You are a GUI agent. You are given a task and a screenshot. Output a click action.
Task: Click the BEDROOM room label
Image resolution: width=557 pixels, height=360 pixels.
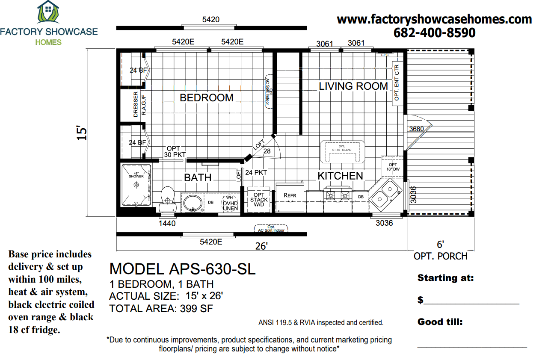[206, 98]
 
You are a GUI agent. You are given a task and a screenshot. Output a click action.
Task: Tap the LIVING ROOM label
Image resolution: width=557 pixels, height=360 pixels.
[353, 86]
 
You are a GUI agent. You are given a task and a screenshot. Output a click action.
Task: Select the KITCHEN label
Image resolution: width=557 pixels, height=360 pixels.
[340, 176]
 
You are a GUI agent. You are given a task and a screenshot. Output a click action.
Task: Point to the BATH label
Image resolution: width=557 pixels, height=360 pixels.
[198, 177]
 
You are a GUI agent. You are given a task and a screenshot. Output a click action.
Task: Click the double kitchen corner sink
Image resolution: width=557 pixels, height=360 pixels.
[385, 193]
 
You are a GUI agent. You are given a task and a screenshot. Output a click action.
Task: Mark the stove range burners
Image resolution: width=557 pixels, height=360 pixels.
[338, 196]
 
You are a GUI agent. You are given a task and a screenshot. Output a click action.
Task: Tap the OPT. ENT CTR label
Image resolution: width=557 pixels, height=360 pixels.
[396, 82]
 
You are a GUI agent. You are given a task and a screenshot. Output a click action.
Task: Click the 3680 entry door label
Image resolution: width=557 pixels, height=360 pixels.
[416, 129]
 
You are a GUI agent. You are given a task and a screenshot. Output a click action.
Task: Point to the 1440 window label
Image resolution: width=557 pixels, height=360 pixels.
[167, 223]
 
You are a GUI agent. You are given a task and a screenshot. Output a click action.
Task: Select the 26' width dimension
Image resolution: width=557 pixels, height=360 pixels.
[261, 246]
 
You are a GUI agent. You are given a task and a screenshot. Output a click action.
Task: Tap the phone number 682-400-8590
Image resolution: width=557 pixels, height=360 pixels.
[434, 33]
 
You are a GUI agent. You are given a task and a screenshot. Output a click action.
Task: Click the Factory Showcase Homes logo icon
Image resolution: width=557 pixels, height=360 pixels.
[48, 12]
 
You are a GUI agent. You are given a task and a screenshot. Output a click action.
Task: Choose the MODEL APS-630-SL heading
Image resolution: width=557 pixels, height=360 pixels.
[182, 269]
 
